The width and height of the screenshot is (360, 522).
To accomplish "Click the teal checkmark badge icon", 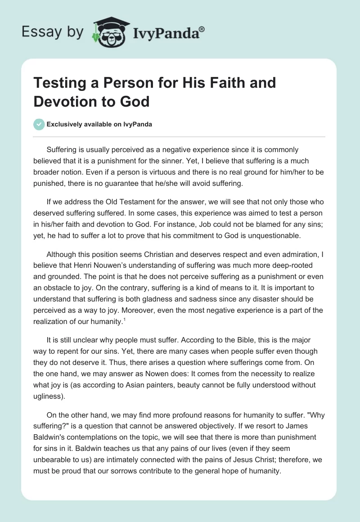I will pos(39,125).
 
